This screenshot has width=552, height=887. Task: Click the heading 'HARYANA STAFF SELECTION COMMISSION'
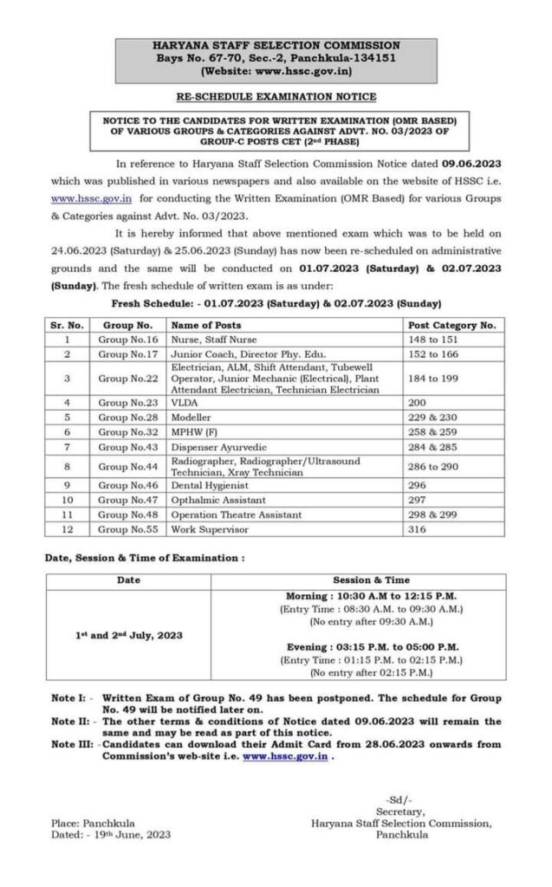pos(276,44)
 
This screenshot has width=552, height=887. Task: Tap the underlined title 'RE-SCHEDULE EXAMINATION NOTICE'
pos(276,97)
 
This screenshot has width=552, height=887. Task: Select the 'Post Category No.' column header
pos(451,325)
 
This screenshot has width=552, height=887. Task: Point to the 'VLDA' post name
pos(183,403)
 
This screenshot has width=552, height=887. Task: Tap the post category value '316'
pos(417,528)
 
